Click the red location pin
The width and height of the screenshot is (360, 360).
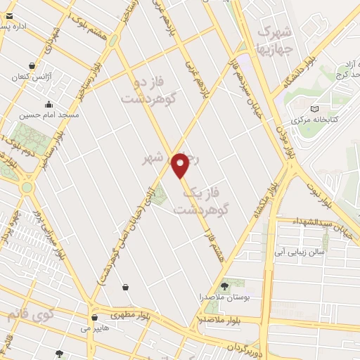coord(181,165)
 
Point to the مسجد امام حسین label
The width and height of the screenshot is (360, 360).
coord(49,114)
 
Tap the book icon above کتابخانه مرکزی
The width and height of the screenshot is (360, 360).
coord(314,108)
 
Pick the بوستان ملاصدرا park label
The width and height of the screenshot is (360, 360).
coord(224,297)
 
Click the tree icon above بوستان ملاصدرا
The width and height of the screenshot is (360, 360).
coord(224,285)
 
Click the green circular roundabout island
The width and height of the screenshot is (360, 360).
coord(27,188)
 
